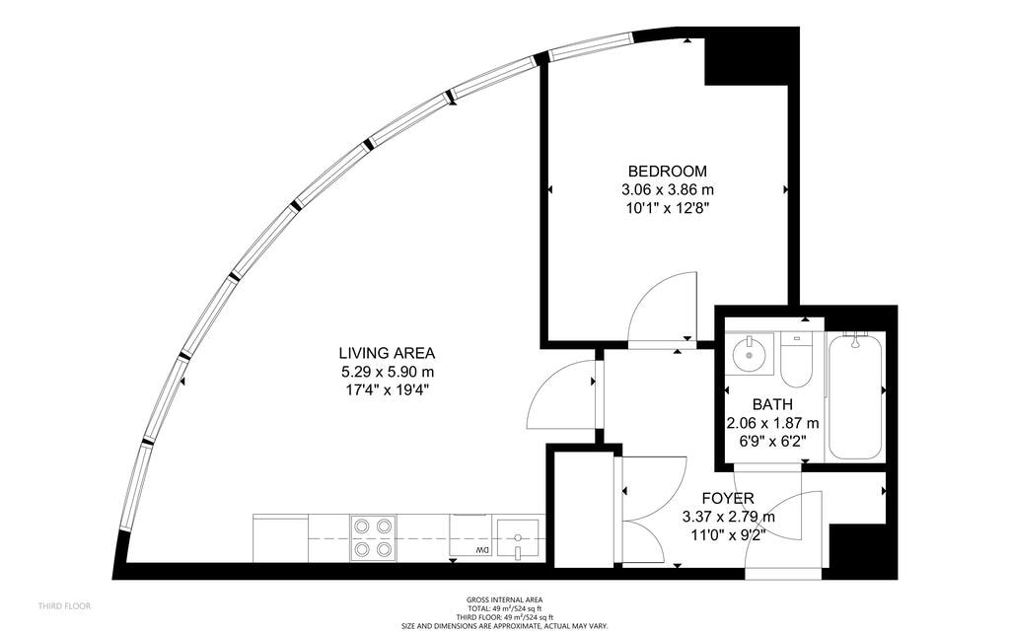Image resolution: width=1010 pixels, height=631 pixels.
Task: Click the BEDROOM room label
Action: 668,171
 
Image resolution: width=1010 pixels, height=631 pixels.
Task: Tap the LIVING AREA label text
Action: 387,353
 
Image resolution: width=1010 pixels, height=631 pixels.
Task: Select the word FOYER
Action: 728,499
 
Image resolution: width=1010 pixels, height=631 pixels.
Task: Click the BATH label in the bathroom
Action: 772,404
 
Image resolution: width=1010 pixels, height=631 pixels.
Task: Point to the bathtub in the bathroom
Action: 853,396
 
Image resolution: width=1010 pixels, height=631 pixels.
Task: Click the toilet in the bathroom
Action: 795,363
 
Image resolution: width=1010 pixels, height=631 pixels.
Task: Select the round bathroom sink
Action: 752,353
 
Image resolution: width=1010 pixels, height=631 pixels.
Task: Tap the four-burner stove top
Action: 374,537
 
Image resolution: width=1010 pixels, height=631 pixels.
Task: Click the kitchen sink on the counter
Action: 517,538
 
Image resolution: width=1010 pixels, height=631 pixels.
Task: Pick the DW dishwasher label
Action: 482,549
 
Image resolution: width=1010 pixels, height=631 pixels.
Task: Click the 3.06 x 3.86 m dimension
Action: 668,189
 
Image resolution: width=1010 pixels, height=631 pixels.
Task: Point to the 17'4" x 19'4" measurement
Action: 387,389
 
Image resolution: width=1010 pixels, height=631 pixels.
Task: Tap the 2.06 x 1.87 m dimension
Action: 772,423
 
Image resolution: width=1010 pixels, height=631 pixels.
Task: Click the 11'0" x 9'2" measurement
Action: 728,534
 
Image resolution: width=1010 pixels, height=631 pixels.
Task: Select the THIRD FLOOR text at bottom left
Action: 64,605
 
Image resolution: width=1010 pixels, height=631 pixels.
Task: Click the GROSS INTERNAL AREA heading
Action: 504,599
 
